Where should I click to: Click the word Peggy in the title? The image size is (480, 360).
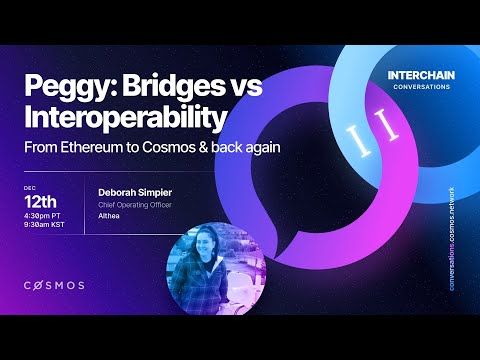[x=61, y=88]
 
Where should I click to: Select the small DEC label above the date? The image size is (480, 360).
[x=30, y=186]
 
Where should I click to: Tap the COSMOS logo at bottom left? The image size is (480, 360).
[x=54, y=285]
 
